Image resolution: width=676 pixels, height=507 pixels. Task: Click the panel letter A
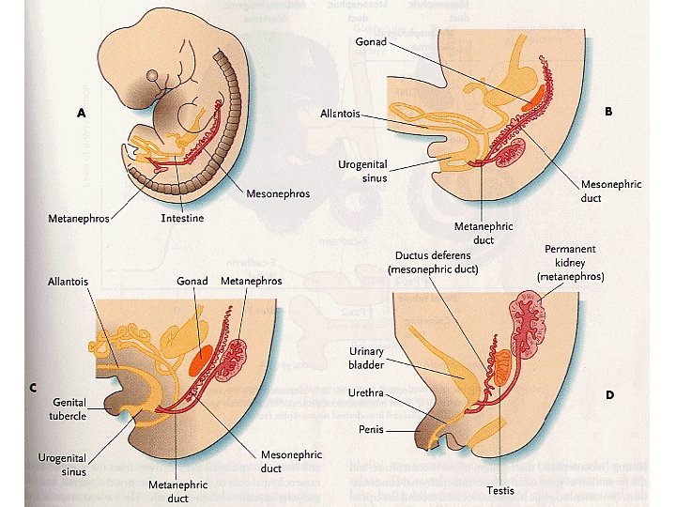[82, 112]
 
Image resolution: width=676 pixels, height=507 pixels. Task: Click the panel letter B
[608, 111]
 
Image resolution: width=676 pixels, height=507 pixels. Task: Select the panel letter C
[34, 388]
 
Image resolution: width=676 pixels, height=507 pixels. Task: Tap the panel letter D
[609, 394]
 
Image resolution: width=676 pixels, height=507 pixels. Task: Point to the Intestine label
[180, 219]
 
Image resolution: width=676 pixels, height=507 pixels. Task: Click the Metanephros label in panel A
[79, 219]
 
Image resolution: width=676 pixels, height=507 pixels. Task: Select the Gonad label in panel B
[369, 42]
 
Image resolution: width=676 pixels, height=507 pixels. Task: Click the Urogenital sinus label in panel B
[362, 171]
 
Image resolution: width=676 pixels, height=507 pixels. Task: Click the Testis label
[499, 490]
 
